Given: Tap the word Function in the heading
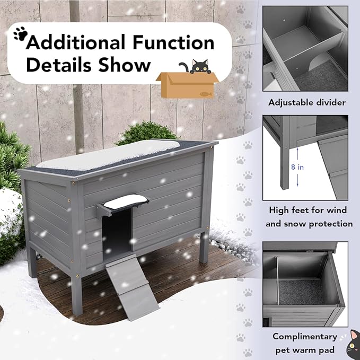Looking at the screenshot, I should coord(178,42).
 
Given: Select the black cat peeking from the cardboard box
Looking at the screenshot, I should coord(198,67).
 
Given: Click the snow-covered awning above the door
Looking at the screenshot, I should coord(125,201).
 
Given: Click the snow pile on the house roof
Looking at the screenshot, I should coord(114,153).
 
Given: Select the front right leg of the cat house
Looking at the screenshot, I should coord(204,247).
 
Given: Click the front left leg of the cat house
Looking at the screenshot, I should coord(76,294).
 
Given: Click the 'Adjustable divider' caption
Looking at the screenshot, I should coord(306,102).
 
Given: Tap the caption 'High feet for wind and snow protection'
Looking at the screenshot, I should coord(309,216).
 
